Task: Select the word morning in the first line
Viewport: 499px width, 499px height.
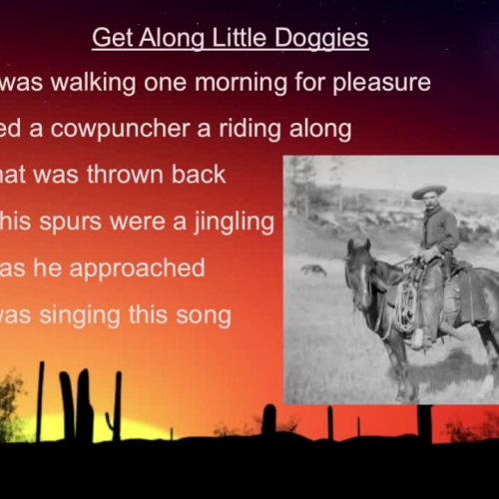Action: point(220,82)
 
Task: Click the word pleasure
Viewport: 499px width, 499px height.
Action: point(387,82)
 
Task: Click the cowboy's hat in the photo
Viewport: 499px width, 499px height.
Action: point(429,191)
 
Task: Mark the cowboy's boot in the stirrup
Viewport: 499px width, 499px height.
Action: point(418,337)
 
